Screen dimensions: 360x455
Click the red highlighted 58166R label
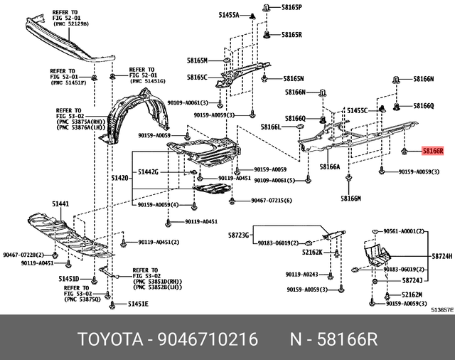click(432, 151)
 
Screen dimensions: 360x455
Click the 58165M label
click(197, 60)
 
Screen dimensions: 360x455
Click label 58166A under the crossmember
click(330, 166)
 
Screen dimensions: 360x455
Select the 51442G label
click(149, 172)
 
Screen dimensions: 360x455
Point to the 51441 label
click(60, 204)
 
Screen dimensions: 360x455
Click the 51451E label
click(138, 304)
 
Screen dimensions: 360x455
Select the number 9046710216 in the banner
click(210, 339)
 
